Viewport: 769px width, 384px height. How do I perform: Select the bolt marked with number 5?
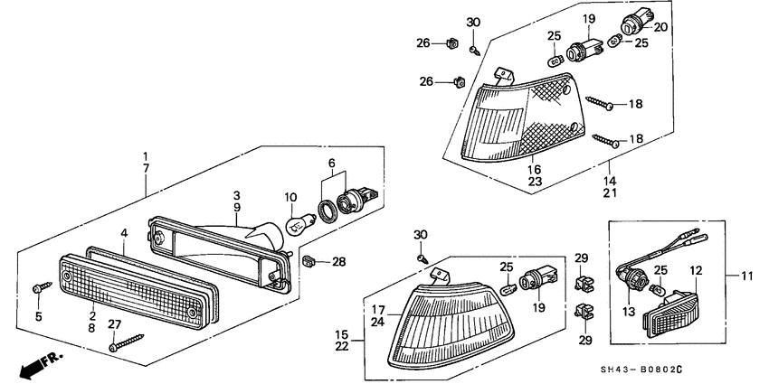click(37, 288)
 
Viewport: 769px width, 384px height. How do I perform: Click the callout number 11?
click(746, 275)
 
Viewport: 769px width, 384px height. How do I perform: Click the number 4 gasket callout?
click(123, 232)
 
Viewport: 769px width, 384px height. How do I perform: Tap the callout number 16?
click(535, 168)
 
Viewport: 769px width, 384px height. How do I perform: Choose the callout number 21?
click(611, 193)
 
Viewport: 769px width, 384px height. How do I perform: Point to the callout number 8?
click(91, 330)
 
